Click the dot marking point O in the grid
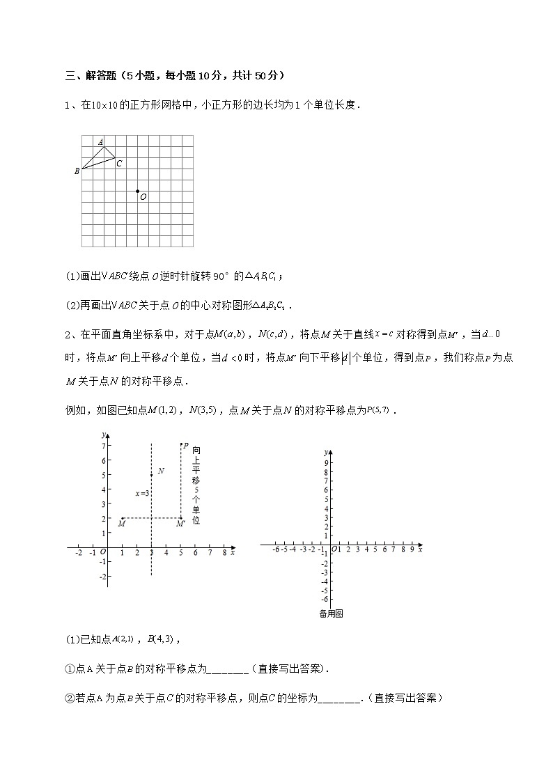[x=137, y=191]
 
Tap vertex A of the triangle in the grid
[x=104, y=146]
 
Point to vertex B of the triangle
[x=81, y=169]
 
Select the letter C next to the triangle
[x=119, y=164]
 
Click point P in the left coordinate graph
[x=181, y=445]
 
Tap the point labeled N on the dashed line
[x=152, y=475]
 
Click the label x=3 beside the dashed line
[x=142, y=493]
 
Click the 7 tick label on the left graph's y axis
[x=102, y=446]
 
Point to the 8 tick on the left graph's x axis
[x=224, y=553]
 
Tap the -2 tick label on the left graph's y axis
[x=102, y=577]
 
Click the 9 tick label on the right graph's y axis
[x=325, y=453]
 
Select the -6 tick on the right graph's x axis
[x=276, y=549]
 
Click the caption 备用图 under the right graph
[x=331, y=613]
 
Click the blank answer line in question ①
[x=228, y=669]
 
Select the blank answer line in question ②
[x=339, y=698]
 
